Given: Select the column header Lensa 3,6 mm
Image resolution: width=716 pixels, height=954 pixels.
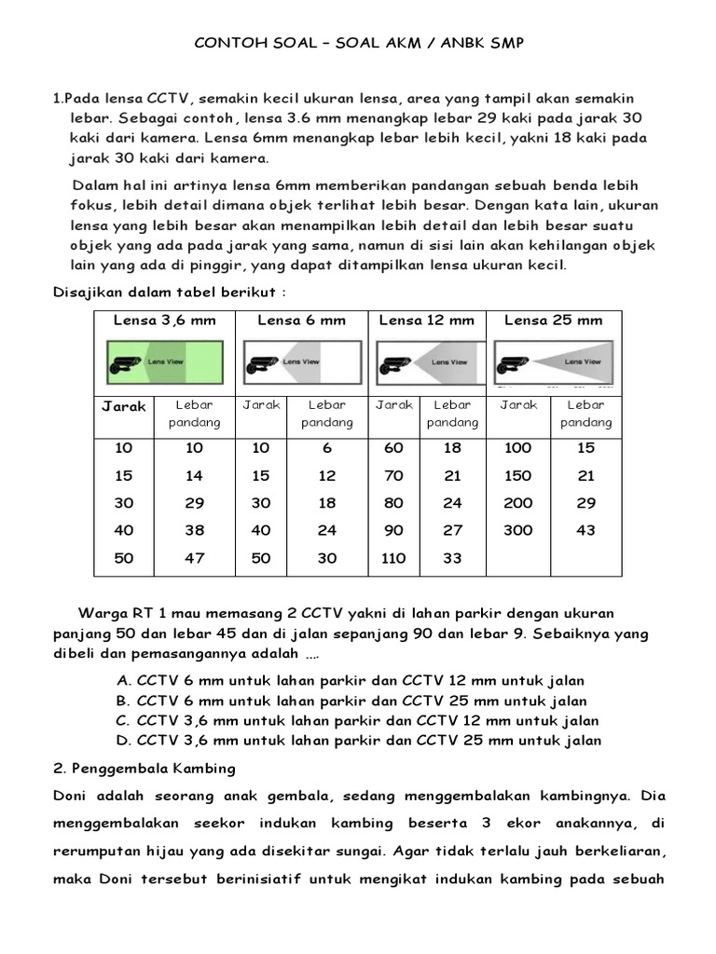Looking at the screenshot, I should pos(164,320).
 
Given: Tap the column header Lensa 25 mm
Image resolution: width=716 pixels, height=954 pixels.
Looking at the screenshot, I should pos(553,320).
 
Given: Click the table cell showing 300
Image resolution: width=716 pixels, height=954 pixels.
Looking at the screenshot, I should pos(517,530).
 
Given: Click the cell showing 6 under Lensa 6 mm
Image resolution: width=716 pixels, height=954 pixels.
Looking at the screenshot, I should pos(327,448).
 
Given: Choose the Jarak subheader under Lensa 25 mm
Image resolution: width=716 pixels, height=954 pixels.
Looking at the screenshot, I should pos(518,405).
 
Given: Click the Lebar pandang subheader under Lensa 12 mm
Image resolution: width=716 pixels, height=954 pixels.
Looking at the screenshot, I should pos(452,414).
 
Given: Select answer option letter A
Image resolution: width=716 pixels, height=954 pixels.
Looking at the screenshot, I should pos(122,680).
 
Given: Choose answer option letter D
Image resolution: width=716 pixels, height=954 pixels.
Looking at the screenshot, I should pos(122,741).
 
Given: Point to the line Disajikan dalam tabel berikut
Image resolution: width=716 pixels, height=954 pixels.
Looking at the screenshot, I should pos(168,292).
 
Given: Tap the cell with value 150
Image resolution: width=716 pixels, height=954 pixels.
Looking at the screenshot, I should pos(517,476).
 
